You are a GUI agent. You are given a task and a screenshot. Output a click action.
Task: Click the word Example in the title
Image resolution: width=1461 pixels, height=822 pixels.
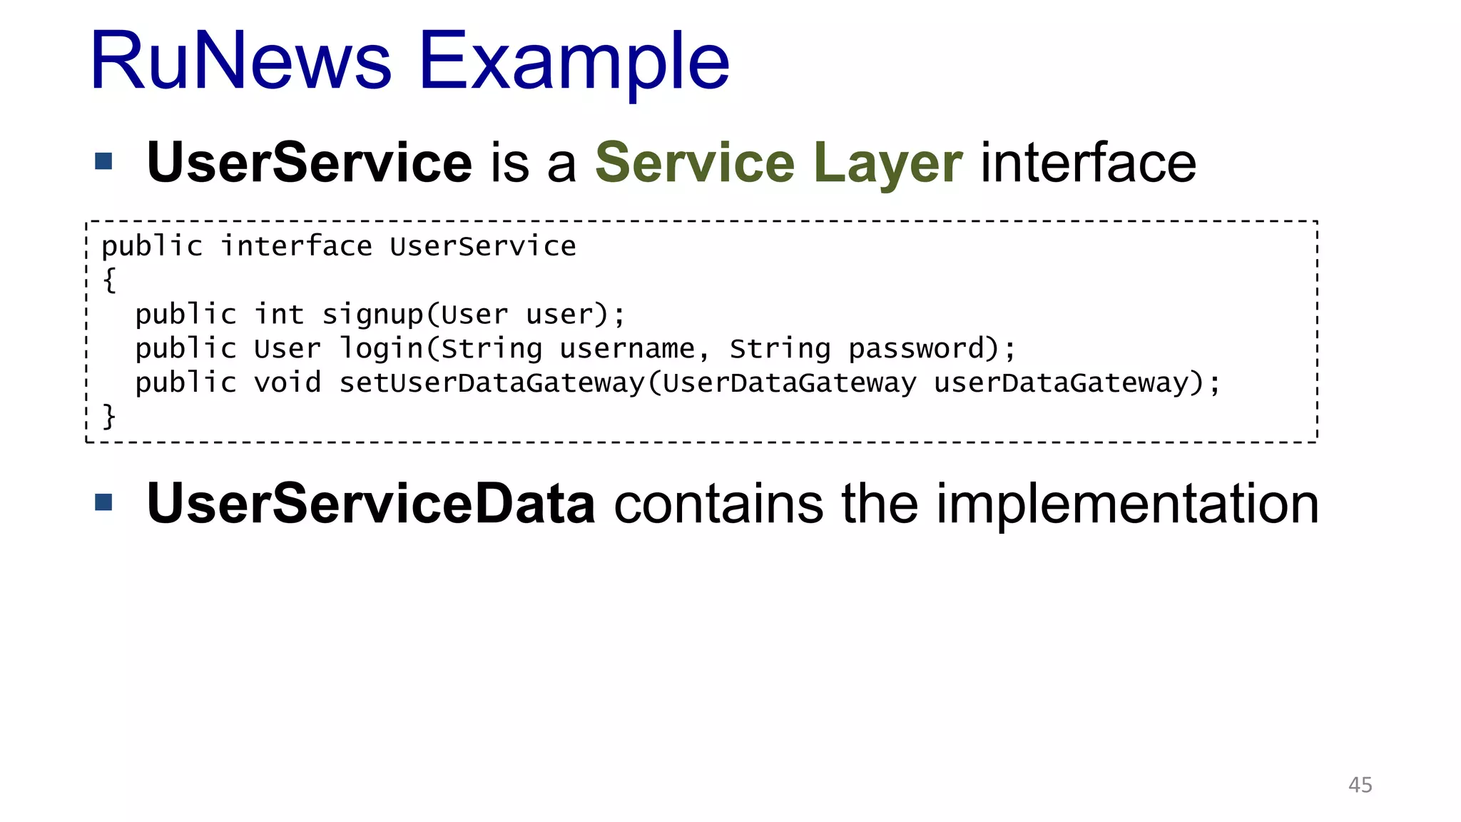(574, 63)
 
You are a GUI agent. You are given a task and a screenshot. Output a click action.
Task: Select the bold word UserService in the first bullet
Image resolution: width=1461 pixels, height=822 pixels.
(309, 163)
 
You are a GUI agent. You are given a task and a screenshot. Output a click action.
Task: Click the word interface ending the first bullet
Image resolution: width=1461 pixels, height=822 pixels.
(1088, 163)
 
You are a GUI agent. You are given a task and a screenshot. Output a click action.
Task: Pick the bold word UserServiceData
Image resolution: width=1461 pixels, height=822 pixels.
(370, 504)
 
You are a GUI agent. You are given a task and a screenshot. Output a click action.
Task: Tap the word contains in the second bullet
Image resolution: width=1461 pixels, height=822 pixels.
(718, 504)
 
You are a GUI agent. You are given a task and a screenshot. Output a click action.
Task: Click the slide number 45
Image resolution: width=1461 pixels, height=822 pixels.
(1360, 785)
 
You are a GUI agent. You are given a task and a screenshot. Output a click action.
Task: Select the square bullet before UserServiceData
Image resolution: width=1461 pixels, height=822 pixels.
(104, 503)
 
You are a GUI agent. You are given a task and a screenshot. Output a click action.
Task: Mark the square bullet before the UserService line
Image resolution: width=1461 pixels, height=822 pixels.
(104, 162)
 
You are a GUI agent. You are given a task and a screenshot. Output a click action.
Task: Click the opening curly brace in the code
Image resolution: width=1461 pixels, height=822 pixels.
(109, 280)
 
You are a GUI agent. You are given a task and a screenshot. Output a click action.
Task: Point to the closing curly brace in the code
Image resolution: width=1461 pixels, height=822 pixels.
(109, 416)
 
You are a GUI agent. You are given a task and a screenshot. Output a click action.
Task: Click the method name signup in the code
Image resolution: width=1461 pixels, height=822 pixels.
(372, 315)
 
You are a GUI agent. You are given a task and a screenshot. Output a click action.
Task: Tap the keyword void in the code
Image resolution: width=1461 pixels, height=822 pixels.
(287, 382)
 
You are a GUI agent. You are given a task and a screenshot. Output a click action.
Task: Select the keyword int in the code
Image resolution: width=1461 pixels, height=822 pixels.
(279, 314)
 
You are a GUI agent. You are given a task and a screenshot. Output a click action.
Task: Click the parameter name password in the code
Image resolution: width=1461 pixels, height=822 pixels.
(916, 349)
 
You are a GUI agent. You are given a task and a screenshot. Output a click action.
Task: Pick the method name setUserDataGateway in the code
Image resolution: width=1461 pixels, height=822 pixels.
(492, 383)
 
